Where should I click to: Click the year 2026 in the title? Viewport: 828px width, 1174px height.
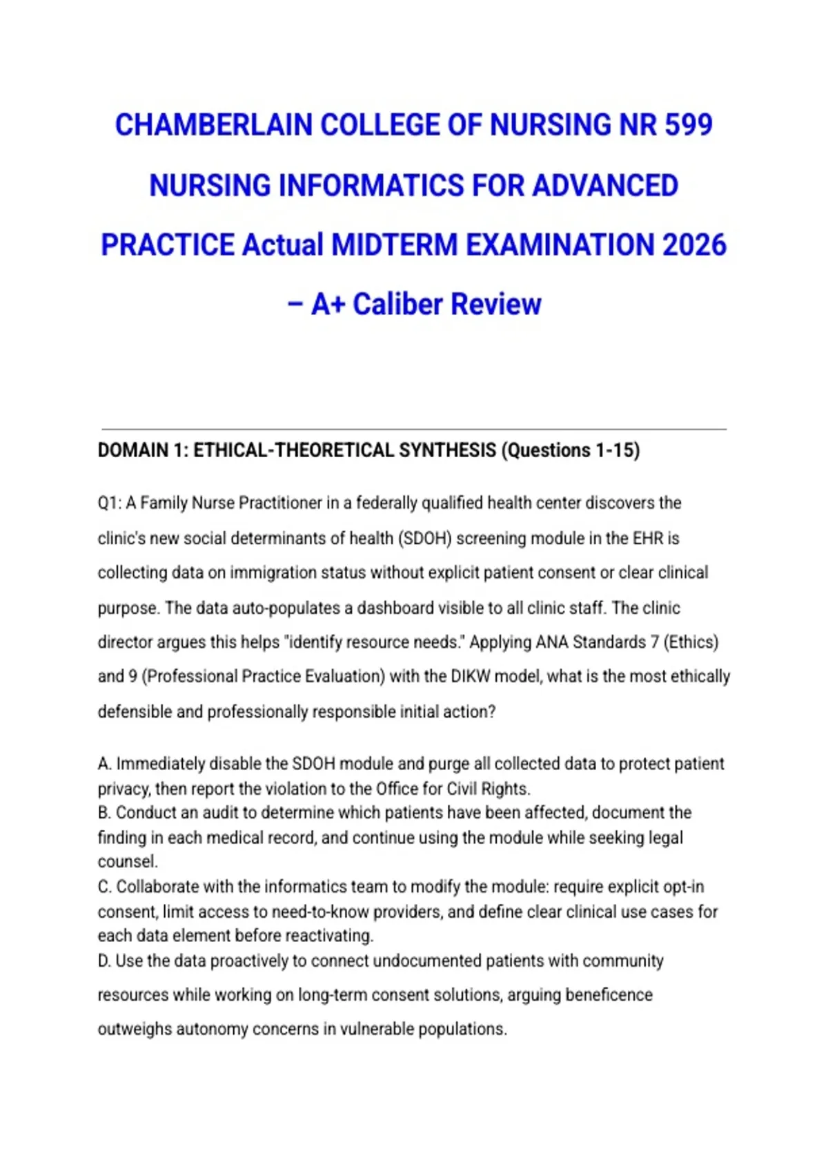pyautogui.click(x=694, y=245)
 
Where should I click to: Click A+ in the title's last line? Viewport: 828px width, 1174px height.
pyautogui.click(x=328, y=305)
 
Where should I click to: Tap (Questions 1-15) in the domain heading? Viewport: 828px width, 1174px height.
pyautogui.click(x=571, y=450)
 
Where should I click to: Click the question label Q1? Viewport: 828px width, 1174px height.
pyautogui.click(x=109, y=503)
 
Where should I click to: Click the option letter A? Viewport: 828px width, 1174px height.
pyautogui.click(x=104, y=764)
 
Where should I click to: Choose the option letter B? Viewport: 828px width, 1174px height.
pyautogui.click(x=104, y=813)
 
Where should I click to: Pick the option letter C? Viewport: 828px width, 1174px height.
pyautogui.click(x=104, y=887)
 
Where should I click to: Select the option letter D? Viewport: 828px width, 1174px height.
pyautogui.click(x=104, y=961)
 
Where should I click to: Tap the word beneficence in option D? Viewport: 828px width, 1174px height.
pyautogui.click(x=609, y=995)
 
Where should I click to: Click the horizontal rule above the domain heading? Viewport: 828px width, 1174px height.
pyautogui.click(x=414, y=429)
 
